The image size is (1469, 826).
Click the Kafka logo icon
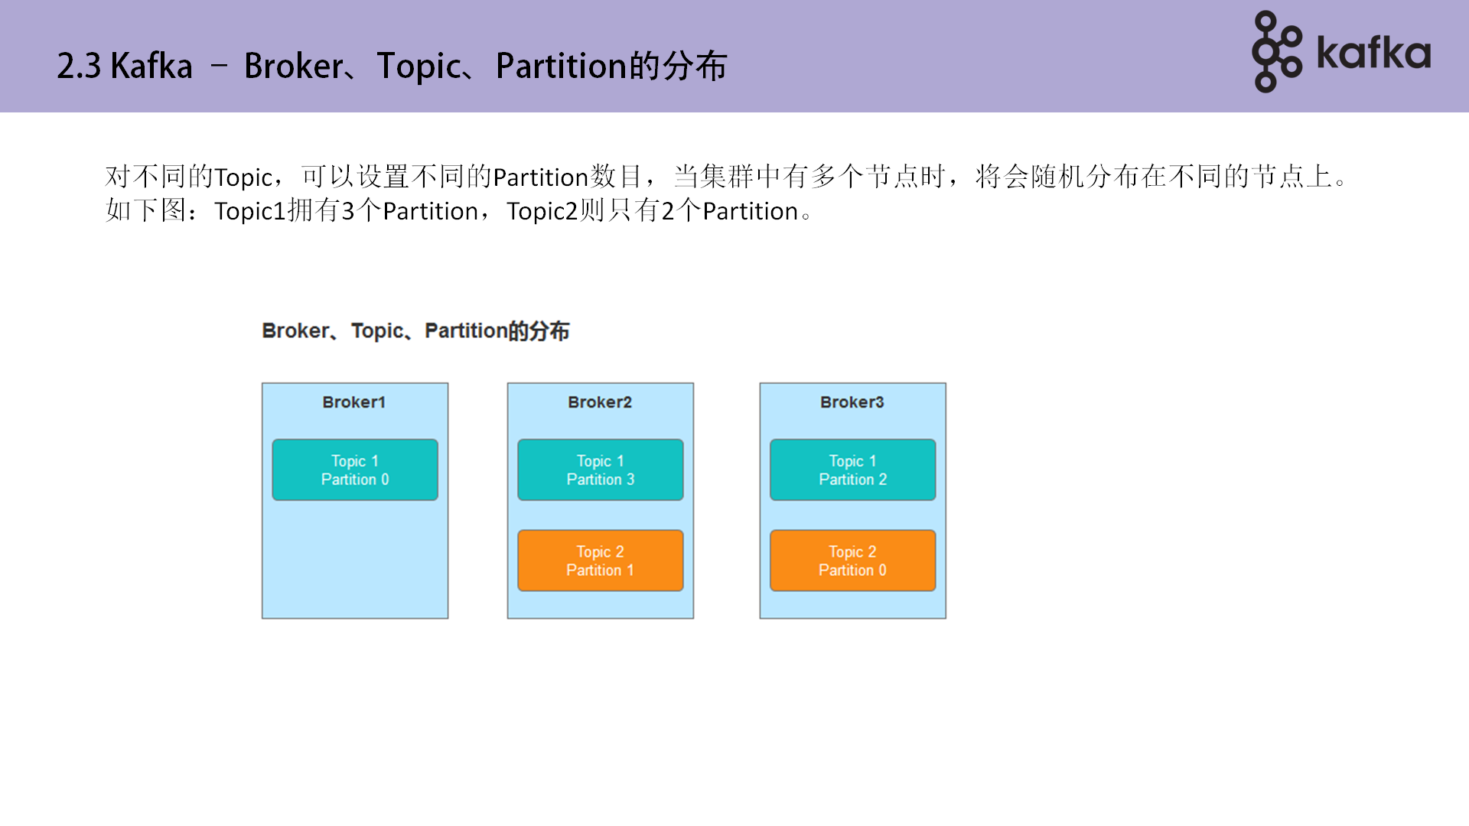(1276, 52)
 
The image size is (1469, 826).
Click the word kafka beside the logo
(1373, 54)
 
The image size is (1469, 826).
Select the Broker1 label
(353, 402)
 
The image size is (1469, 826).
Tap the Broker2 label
(600, 402)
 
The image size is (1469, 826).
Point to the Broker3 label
(852, 402)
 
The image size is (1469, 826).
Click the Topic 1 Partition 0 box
(355, 470)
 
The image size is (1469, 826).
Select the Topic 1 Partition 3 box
(600, 470)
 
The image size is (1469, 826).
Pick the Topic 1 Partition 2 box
(852, 470)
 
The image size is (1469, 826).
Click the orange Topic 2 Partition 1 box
(600, 561)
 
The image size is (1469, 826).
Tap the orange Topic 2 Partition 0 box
(852, 561)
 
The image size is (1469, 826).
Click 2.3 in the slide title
(79, 67)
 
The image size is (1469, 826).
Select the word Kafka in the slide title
(151, 67)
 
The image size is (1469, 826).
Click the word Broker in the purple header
(293, 67)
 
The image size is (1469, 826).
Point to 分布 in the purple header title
(695, 67)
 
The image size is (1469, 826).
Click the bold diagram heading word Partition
(466, 331)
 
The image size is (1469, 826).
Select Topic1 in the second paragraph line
(249, 211)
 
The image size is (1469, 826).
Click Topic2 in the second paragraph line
(542, 211)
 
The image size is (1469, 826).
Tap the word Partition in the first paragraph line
(540, 177)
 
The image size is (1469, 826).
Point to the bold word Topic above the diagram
(377, 331)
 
